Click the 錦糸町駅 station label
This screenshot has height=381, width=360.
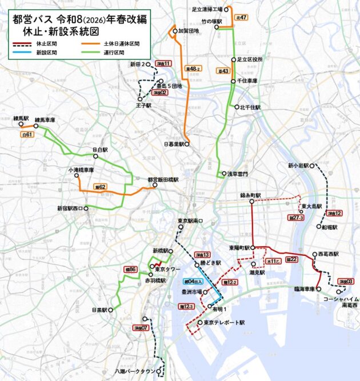[250, 195]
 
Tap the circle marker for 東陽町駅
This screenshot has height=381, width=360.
[253, 248]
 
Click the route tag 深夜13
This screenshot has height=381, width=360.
[202, 255]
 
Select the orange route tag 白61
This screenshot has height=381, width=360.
[27, 134]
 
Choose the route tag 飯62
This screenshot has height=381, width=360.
[99, 186]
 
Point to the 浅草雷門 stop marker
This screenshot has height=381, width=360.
[225, 174]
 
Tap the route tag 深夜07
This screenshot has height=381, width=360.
[141, 328]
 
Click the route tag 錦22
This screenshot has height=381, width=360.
[291, 259]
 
